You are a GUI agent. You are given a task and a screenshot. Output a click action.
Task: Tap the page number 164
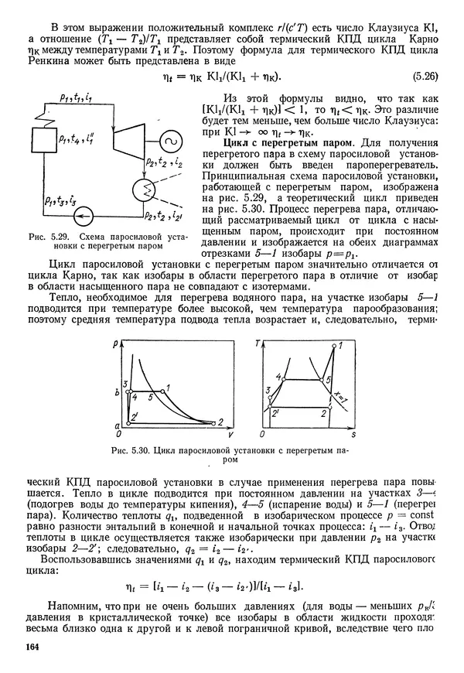pos(32,647)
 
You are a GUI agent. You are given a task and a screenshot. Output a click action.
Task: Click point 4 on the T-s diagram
pos(280,377)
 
